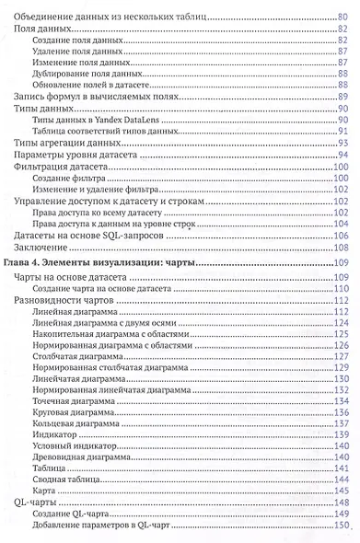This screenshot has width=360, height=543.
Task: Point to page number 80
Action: point(339,17)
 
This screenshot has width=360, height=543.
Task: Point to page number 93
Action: point(339,143)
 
